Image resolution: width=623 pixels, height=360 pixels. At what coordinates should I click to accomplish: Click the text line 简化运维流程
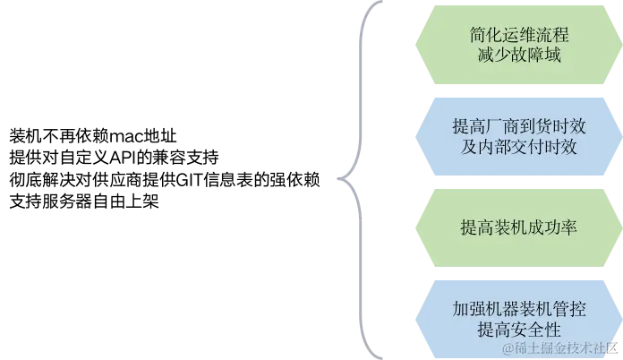(519, 36)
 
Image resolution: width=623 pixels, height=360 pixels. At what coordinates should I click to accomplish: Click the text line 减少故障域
(519, 56)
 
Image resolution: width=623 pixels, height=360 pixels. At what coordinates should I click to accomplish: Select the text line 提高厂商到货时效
(519, 127)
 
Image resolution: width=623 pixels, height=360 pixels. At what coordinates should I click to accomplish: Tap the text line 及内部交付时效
(519, 147)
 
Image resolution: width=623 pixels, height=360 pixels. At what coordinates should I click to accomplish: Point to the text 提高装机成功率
(519, 227)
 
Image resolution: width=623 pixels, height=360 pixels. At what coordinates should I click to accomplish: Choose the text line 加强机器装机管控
(519, 309)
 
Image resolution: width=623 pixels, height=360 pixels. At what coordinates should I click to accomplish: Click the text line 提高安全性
(519, 330)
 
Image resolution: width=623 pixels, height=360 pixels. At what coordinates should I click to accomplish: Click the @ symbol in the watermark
(508, 347)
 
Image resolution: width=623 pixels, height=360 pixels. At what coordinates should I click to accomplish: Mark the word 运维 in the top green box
(519, 36)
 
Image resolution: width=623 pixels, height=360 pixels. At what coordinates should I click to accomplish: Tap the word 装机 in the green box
(509, 227)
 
